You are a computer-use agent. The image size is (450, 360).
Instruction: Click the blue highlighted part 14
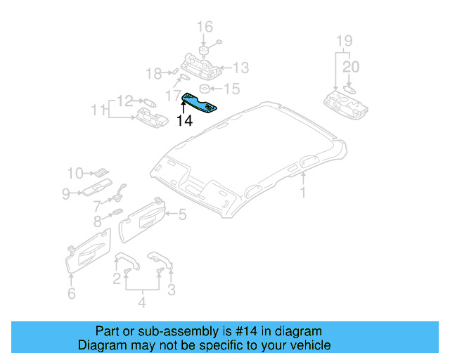200,103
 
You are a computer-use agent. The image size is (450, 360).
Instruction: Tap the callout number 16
204,27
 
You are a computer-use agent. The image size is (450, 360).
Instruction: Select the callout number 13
240,67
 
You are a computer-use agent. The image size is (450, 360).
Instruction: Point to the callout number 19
342,40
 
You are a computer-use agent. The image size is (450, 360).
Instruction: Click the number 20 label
351,67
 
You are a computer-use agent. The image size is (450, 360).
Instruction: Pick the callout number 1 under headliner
303,192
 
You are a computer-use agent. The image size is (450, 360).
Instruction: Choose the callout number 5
181,214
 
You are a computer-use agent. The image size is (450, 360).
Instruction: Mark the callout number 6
71,293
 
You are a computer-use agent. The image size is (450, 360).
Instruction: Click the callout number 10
75,172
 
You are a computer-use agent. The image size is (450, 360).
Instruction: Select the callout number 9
65,193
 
